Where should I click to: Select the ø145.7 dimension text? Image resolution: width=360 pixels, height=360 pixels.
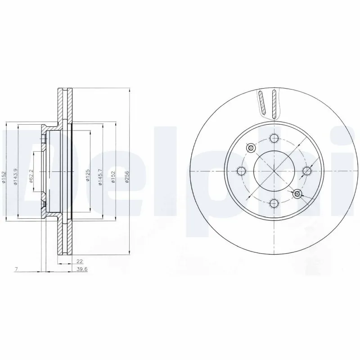(x=101, y=176)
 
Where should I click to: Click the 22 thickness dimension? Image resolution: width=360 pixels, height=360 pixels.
(x=80, y=261)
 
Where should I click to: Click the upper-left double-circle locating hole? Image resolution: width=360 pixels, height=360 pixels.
(x=251, y=148)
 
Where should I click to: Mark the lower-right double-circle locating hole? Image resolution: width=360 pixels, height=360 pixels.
(x=297, y=194)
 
